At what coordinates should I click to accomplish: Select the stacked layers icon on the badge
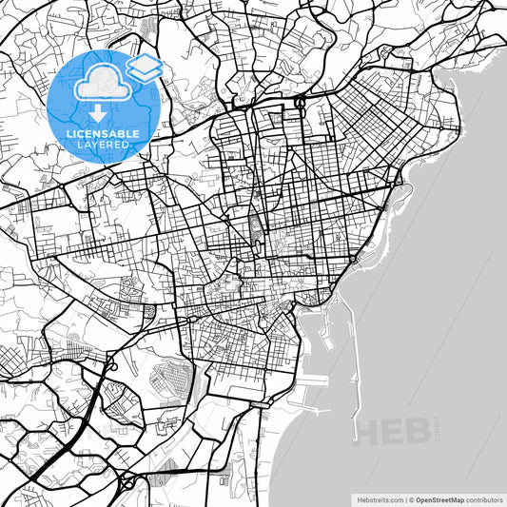pyautogui.click(x=144, y=68)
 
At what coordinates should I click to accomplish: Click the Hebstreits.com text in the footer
pyautogui.click(x=379, y=498)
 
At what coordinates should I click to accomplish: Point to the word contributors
pyautogui.click(x=482, y=498)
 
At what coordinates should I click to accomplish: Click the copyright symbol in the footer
pyautogui.click(x=410, y=498)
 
